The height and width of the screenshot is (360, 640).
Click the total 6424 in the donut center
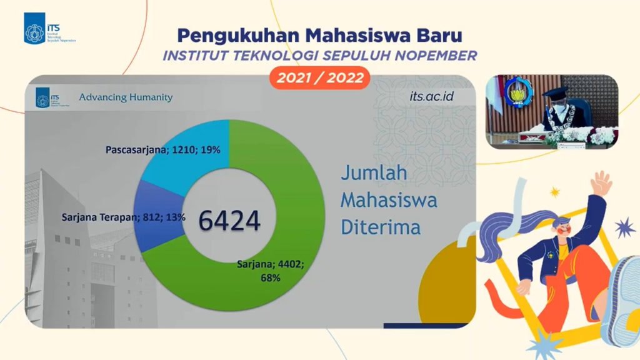point(229,220)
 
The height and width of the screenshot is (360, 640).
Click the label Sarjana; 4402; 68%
point(270,271)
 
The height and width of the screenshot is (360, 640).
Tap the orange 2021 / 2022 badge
point(319,78)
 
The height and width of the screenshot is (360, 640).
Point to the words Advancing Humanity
point(126,97)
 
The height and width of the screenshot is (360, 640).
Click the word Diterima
point(380,227)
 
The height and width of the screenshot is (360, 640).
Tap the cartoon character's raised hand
point(601,184)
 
